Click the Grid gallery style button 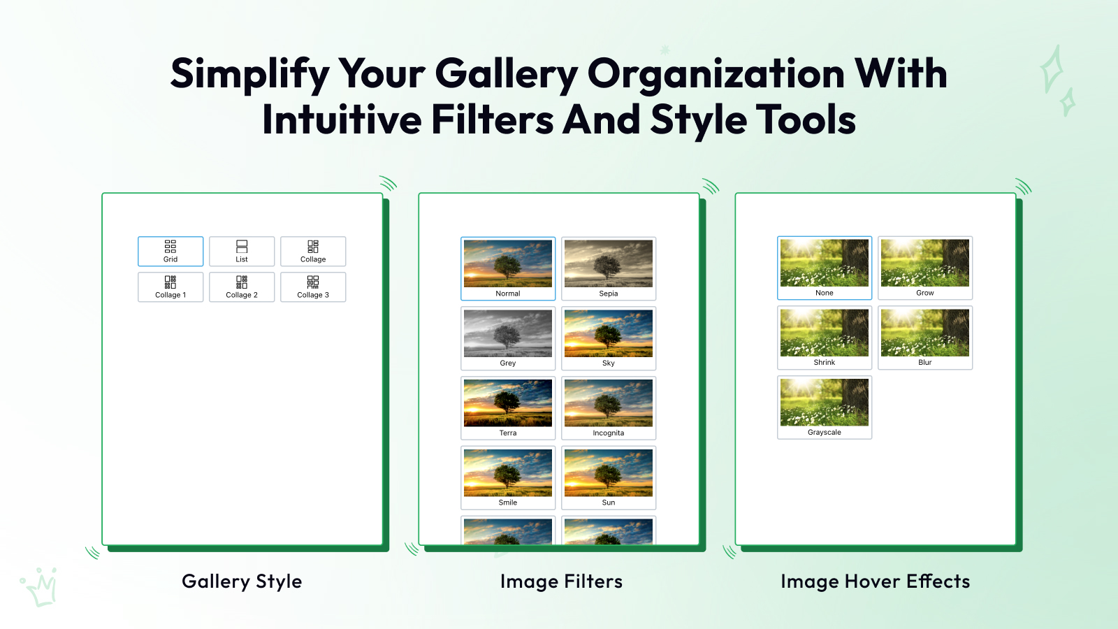click(x=170, y=251)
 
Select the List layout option click(x=242, y=251)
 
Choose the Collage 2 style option click(x=242, y=287)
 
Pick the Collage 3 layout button click(x=313, y=287)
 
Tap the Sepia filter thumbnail click(x=609, y=268)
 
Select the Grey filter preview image click(x=507, y=338)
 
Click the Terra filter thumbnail click(x=507, y=408)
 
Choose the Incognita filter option click(x=609, y=408)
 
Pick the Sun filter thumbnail click(x=609, y=478)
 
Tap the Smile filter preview click(x=507, y=478)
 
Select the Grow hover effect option click(x=925, y=268)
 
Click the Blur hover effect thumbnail click(x=925, y=338)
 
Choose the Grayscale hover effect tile click(x=824, y=407)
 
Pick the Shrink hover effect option click(x=824, y=338)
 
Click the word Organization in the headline click(x=716, y=74)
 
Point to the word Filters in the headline click(x=492, y=120)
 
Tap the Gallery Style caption click(x=242, y=581)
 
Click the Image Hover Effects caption click(x=875, y=581)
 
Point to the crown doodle click(x=40, y=588)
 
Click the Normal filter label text click(x=507, y=294)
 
